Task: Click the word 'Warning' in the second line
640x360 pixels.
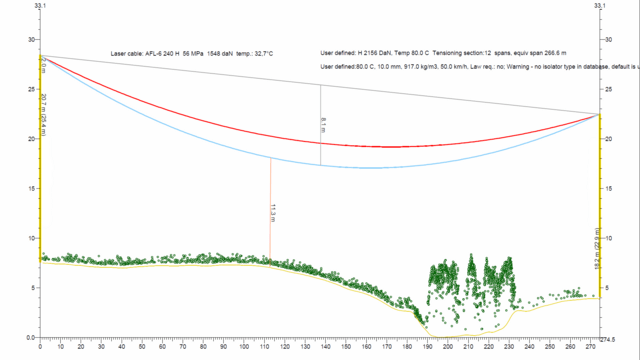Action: point(536,66)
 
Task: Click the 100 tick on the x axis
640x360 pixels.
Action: point(244,346)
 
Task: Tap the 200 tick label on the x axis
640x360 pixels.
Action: point(448,346)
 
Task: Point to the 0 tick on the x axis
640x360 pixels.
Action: point(40,346)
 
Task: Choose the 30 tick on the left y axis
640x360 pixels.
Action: point(31,40)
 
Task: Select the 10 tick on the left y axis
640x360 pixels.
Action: point(31,238)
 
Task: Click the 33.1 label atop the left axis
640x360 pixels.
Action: point(39,6)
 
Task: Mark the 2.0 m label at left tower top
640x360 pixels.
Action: point(44,65)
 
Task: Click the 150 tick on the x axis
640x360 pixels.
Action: point(346,346)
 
